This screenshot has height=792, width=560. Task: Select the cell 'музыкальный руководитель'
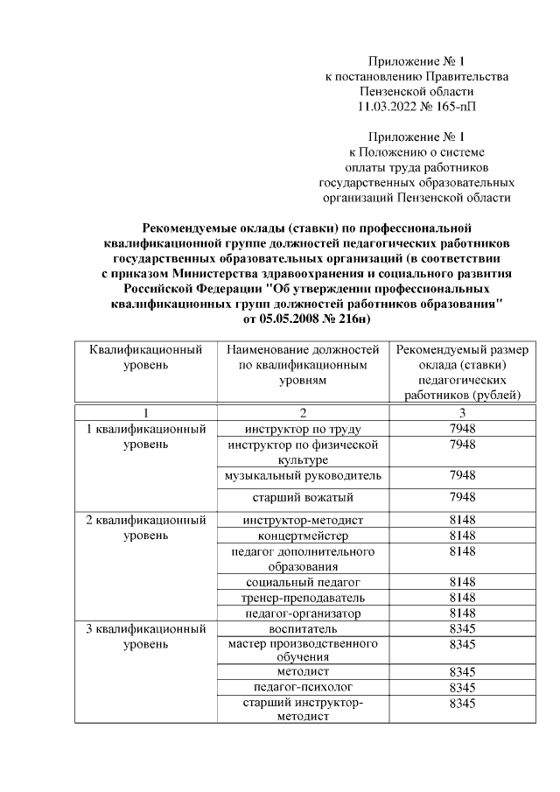(303, 475)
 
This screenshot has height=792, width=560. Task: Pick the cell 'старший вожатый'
(303, 498)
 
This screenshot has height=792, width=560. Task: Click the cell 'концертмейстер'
(303, 536)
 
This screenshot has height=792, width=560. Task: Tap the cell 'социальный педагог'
(303, 582)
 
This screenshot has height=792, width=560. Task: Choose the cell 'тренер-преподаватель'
(303, 598)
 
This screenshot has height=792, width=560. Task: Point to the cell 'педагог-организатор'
(303, 613)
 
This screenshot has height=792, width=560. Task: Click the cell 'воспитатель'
(303, 628)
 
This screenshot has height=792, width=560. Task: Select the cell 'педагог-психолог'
(303, 688)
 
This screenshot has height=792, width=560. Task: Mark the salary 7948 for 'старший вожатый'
(461, 498)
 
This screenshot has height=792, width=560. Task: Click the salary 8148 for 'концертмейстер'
(461, 536)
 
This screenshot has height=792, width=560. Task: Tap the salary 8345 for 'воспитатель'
(461, 628)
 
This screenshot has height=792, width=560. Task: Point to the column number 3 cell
(461, 413)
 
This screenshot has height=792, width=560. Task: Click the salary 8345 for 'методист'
(461, 672)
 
